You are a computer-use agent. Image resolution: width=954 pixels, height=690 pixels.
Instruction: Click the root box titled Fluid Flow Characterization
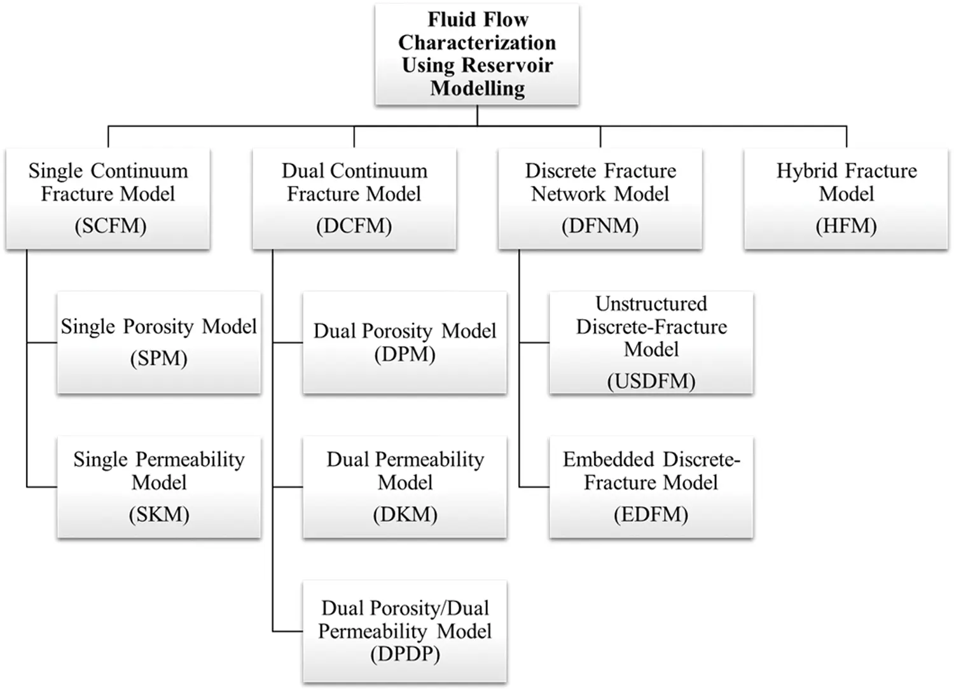tap(477, 54)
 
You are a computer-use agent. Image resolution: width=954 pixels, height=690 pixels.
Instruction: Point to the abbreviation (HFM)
tap(847, 226)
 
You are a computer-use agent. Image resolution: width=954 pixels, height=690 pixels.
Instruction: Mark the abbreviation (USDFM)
tap(651, 382)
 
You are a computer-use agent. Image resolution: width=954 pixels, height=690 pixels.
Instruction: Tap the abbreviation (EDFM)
tap(651, 514)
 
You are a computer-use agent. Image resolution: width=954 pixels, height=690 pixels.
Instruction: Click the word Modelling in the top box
tap(477, 88)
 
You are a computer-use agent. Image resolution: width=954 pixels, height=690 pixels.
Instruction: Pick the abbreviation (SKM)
tap(159, 514)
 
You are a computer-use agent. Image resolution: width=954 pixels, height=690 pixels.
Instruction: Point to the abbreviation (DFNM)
tap(600, 226)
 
